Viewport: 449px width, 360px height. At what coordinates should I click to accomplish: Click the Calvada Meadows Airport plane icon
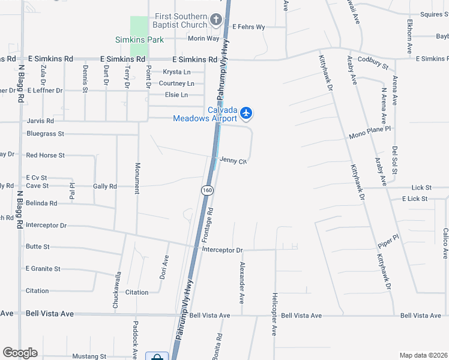pos(246,113)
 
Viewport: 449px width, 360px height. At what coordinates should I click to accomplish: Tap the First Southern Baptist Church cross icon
pos(216,21)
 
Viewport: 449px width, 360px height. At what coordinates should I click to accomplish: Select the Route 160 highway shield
pos(207,190)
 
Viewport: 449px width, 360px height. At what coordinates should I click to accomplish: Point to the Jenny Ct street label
pos(234,161)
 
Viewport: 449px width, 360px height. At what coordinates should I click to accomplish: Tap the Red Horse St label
pos(45,155)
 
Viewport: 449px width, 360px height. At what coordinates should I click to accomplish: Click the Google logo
pos(20,353)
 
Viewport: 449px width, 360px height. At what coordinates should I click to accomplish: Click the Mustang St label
pos(89,356)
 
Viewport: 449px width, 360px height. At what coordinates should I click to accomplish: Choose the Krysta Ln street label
pos(176,72)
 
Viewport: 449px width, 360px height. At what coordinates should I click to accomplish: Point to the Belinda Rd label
pos(41,203)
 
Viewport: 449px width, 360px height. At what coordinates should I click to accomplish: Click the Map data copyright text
pos(423,355)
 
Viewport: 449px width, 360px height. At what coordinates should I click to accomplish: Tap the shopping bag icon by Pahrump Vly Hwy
pos(157,356)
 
